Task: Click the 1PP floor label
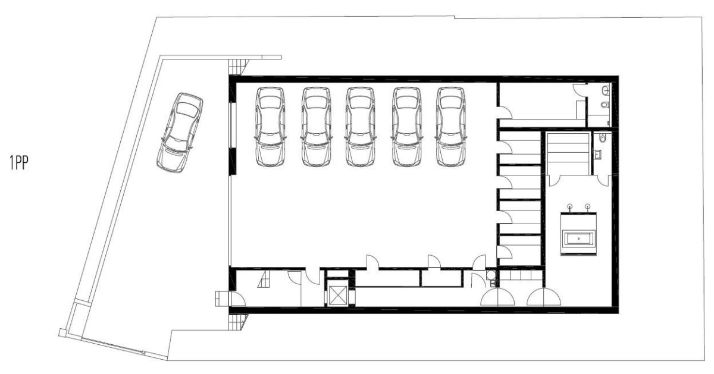(19, 162)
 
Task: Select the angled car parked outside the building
(180, 133)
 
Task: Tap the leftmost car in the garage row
(270, 127)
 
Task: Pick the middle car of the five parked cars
(360, 127)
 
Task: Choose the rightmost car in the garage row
(451, 127)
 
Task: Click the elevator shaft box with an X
(337, 295)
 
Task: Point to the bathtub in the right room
(578, 239)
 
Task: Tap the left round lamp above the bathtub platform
(570, 206)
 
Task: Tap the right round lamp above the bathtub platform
(588, 206)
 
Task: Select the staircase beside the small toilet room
(568, 153)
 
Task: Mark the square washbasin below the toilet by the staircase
(597, 155)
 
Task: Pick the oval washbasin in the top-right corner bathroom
(606, 91)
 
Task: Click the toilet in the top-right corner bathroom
(605, 105)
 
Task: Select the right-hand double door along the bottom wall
(543, 297)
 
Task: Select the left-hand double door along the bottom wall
(497, 297)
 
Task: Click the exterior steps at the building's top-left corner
(238, 67)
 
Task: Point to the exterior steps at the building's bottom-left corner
(238, 322)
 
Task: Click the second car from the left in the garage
(316, 127)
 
